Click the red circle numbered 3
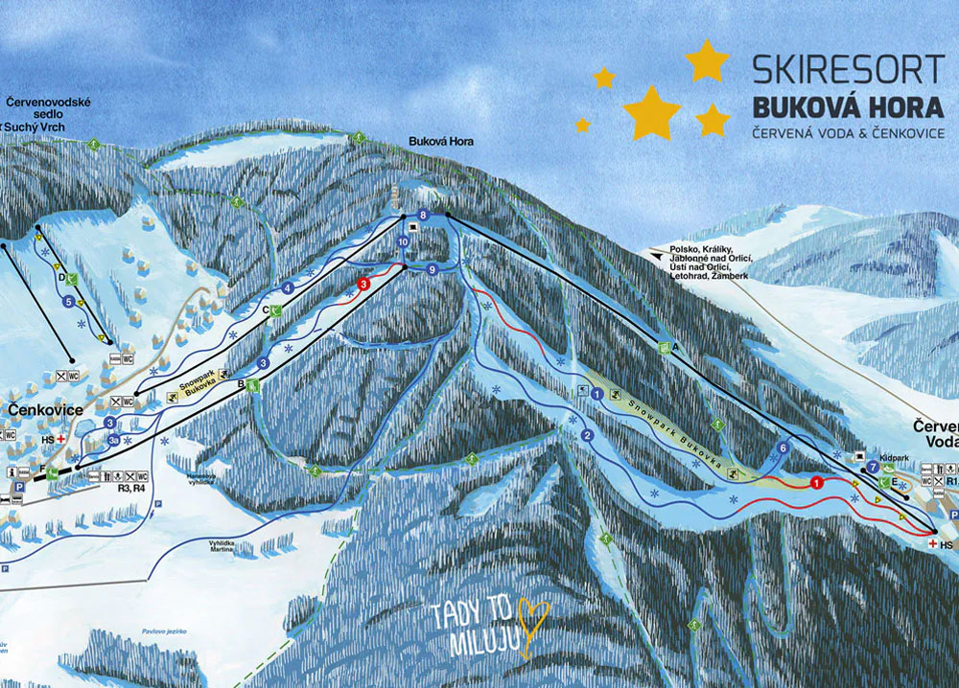coord(363,284)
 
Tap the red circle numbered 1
coord(816,482)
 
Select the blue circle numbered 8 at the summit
coord(422,215)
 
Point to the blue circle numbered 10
coord(403,243)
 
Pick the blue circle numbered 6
coord(783,447)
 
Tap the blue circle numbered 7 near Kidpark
coord(872,467)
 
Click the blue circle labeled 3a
coord(114,440)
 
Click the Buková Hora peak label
coord(441,142)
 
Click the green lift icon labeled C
coord(275,310)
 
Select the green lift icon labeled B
coord(252,385)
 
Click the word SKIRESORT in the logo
coord(848,69)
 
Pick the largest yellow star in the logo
coord(651,111)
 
